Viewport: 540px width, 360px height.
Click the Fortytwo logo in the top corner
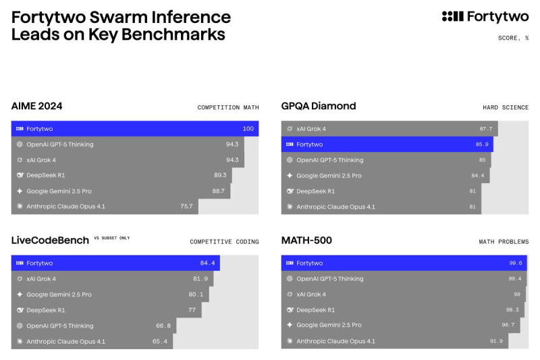(485, 16)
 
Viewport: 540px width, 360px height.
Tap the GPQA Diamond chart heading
(319, 106)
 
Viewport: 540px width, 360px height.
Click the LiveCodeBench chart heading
(51, 240)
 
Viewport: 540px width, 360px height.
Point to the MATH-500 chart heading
(306, 240)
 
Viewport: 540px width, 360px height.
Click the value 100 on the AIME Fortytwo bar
(248, 128)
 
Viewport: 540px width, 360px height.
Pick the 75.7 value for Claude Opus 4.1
(186, 207)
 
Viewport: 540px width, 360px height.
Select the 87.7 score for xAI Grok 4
(486, 128)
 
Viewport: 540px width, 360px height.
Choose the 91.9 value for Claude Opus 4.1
(497, 341)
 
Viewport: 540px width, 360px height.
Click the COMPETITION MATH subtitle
(227, 107)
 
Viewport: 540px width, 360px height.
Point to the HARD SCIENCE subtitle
(506, 107)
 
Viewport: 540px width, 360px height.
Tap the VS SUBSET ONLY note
(112, 238)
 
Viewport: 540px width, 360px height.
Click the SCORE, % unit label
(513, 38)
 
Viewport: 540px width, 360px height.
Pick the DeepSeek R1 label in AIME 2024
(45, 175)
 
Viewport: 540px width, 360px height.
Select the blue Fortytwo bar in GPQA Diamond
(387, 144)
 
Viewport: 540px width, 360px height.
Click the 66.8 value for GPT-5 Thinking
(163, 326)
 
